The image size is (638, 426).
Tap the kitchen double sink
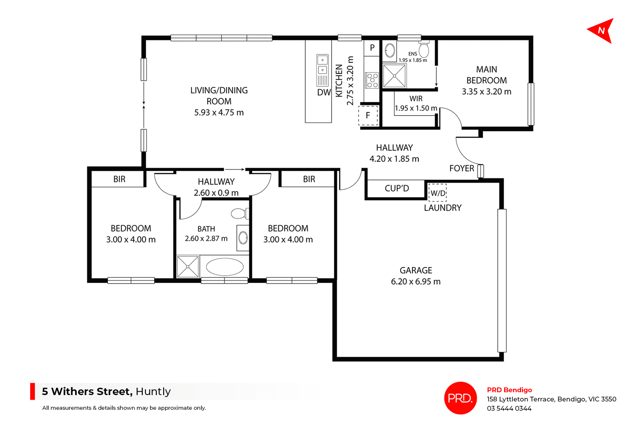coord(322,65)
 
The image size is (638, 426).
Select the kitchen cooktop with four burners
coord(372,80)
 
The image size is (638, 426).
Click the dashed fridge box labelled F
coord(368,115)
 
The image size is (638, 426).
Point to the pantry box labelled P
coord(372,48)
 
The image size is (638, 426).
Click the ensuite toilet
coord(424,50)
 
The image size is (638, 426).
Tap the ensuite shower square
coord(394,76)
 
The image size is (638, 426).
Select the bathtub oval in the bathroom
coord(225,267)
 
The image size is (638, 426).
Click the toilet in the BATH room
coord(239,213)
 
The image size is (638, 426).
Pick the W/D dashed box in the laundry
coord(438,193)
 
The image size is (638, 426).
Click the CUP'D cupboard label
coord(396,189)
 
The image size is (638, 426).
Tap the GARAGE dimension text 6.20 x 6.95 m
coord(415,282)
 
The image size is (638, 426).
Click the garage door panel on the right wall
coord(502,280)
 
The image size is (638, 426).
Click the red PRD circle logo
coord(460,398)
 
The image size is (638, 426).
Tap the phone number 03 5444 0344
coord(509,408)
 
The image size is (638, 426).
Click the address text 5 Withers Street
coord(87,391)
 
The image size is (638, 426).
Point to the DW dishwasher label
coord(324,92)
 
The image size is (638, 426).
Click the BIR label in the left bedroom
coord(119,179)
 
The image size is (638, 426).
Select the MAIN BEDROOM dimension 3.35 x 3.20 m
coord(486,92)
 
